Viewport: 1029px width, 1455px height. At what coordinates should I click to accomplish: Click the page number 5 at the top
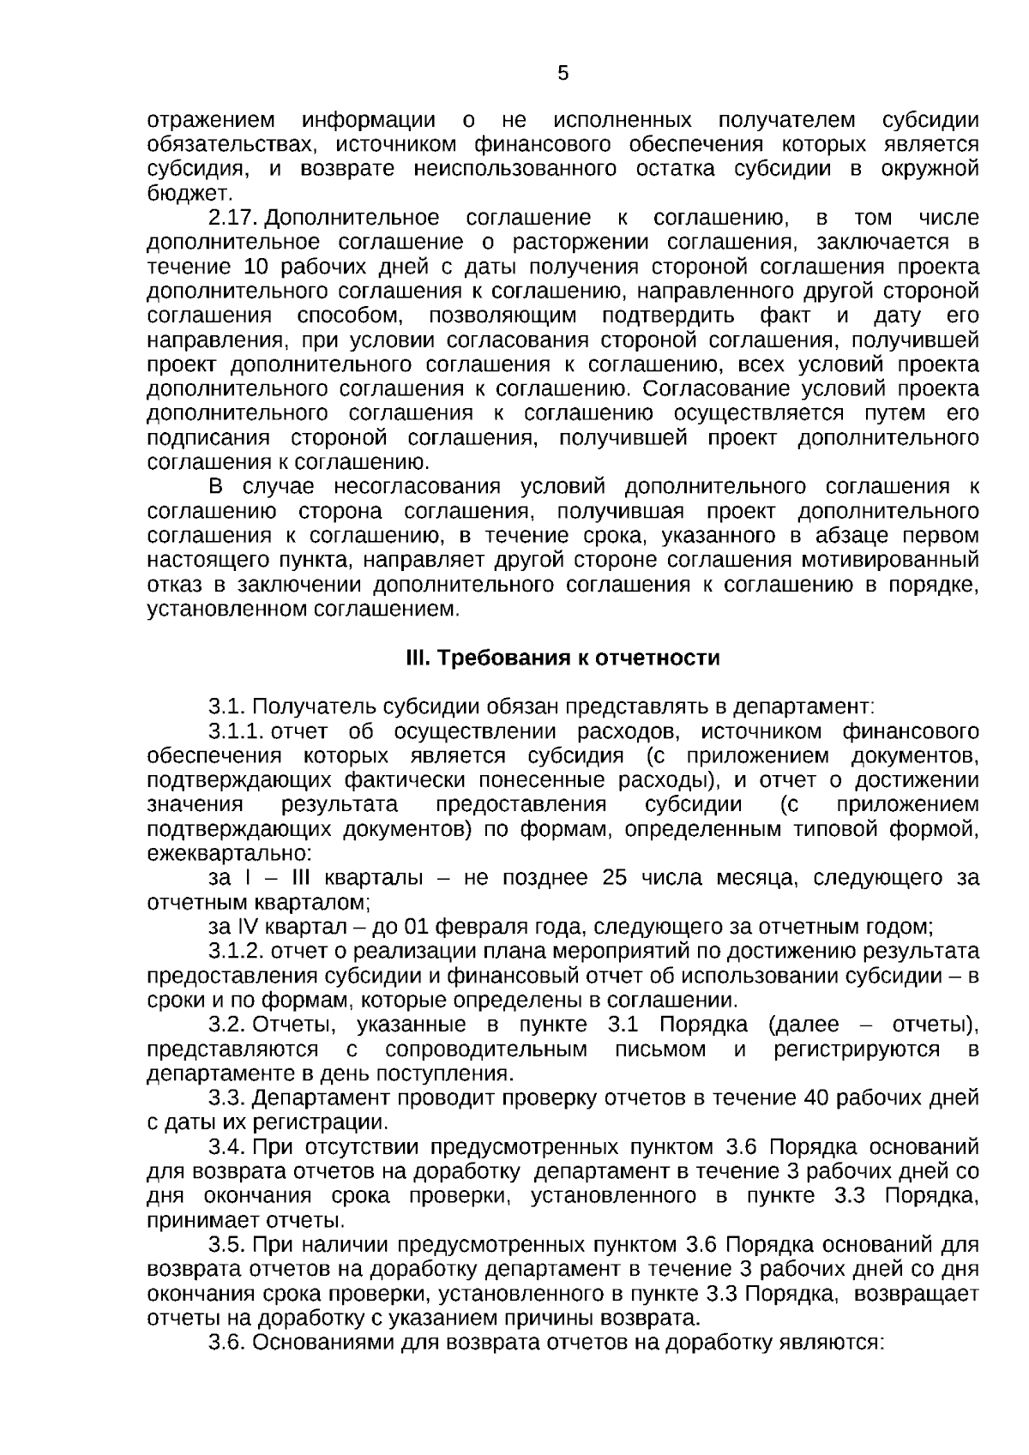point(563,74)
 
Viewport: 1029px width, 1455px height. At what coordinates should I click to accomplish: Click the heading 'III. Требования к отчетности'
point(563,658)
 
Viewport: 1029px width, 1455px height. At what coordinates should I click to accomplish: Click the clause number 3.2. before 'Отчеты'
point(227,1025)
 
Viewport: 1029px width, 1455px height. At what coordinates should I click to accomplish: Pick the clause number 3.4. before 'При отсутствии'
point(227,1146)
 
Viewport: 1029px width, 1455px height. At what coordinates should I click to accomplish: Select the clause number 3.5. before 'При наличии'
point(227,1244)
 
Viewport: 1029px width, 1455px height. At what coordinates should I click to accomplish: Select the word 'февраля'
point(471,927)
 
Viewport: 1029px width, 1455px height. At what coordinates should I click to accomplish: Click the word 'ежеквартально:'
point(230,854)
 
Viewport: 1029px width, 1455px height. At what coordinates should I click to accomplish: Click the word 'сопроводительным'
point(486,1049)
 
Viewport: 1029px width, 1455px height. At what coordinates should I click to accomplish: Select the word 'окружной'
point(930,168)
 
